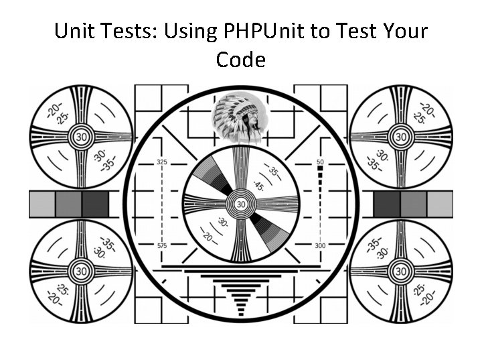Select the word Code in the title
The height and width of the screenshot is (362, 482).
[x=240, y=60]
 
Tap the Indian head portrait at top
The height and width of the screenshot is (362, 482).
[x=240, y=115]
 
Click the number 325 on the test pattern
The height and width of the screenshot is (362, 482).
[x=162, y=162]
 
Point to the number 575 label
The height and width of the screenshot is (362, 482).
[x=162, y=246]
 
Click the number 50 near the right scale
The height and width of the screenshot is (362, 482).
[x=320, y=162]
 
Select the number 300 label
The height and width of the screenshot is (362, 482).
[x=320, y=246]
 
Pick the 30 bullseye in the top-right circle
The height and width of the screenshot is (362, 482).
[x=400, y=135]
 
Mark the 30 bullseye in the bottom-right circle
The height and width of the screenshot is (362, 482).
[x=400, y=271]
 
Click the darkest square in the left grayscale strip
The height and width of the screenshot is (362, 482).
[x=94, y=204]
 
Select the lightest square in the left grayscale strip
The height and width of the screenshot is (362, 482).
[x=42, y=204]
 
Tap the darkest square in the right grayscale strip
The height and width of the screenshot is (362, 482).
[x=386, y=204]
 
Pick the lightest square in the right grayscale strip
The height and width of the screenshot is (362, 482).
[x=440, y=204]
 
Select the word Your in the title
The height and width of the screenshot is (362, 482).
[x=404, y=32]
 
